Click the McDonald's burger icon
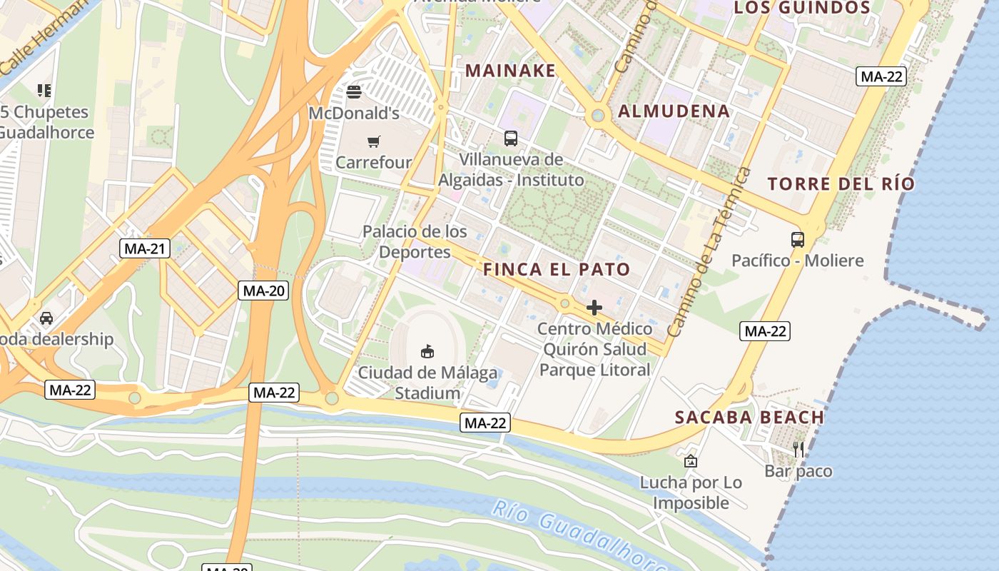click(353, 92)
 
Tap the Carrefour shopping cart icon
click(374, 141)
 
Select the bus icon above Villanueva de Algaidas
click(510, 138)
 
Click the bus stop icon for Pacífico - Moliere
click(797, 240)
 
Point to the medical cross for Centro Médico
click(594, 308)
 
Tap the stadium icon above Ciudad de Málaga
click(427, 351)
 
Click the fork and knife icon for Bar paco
click(798, 450)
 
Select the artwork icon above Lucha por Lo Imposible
click(690, 462)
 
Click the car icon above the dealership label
click(46, 318)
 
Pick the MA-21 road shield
click(144, 248)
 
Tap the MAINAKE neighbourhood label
click(510, 71)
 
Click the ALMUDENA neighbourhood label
click(674, 111)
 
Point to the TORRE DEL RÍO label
click(841, 183)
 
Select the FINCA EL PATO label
click(557, 269)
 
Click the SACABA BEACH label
click(749, 418)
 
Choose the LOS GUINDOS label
click(802, 8)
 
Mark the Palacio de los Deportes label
click(415, 241)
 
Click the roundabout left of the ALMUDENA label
click(598, 115)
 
